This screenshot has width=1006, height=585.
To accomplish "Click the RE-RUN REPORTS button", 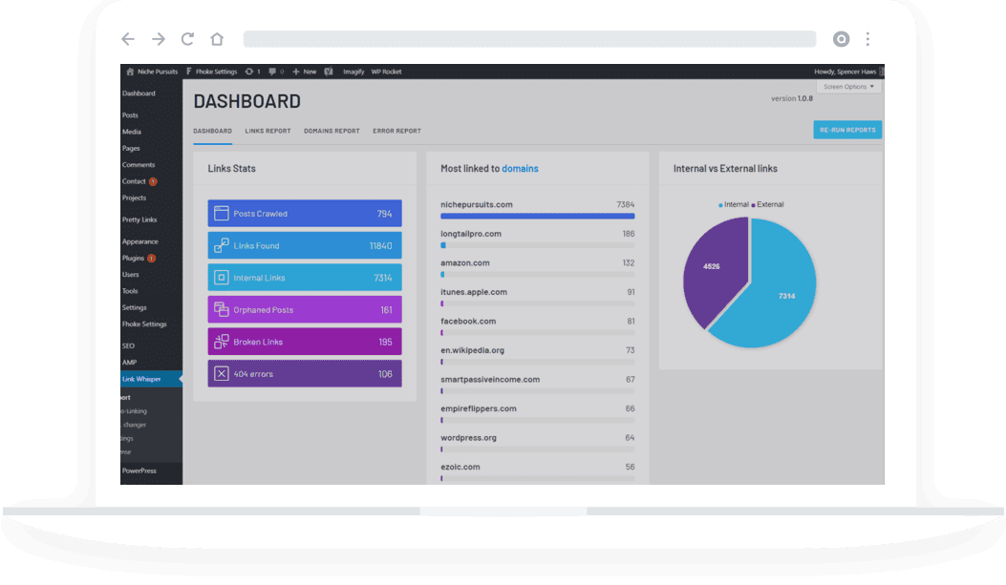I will click(x=846, y=130).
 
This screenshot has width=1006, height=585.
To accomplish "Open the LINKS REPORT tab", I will click(x=268, y=131).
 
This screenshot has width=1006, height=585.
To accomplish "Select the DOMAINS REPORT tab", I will click(x=332, y=131).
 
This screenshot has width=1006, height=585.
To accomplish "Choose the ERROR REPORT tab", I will click(x=396, y=131).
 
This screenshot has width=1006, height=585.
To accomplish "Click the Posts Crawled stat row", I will click(x=304, y=214).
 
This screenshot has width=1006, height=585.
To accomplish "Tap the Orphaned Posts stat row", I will click(x=304, y=310).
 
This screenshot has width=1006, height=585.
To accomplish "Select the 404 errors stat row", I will click(x=304, y=374).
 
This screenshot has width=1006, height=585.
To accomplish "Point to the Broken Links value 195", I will click(x=385, y=343).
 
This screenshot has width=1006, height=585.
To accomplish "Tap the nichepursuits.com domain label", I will click(x=477, y=204).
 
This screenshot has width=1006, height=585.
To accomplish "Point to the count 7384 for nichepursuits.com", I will click(x=625, y=204).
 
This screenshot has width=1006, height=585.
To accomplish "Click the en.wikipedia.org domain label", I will click(x=472, y=350).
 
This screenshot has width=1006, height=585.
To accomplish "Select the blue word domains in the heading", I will click(x=520, y=169).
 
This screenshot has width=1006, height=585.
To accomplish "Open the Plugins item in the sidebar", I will click(x=133, y=258).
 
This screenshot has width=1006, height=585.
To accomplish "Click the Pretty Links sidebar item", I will click(x=139, y=219).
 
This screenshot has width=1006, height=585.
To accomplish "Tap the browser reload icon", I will click(x=187, y=39).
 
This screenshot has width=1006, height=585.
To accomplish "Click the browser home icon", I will click(x=217, y=39).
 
